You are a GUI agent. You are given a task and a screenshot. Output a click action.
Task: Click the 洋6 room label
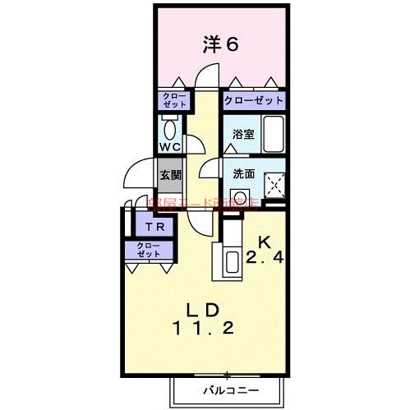(x=220, y=44)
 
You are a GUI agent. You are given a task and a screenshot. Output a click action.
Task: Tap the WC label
(x=170, y=147)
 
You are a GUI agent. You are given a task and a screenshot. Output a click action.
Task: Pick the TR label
(x=154, y=228)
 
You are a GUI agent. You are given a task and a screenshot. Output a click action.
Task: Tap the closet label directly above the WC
(x=174, y=102)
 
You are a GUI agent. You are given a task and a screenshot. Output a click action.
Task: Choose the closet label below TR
(x=150, y=251)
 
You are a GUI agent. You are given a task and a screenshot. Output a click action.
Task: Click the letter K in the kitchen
(x=265, y=242)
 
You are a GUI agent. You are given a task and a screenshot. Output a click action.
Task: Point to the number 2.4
(x=265, y=259)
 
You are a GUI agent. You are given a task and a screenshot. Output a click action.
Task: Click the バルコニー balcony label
(x=229, y=389)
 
